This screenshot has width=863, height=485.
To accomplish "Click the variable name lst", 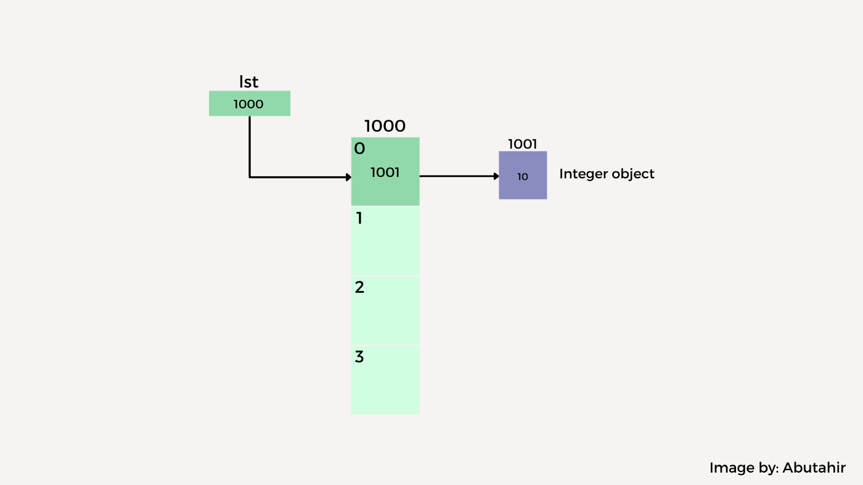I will tap(248, 82).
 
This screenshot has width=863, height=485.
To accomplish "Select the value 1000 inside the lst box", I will tap(248, 104).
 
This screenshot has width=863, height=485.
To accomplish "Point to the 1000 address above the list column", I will tap(385, 126).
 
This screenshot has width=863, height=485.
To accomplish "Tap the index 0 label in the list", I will tap(359, 149).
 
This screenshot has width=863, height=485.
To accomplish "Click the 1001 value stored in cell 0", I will tap(385, 173).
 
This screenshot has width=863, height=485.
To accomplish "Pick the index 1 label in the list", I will tap(359, 218).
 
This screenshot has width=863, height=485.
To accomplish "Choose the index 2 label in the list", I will tap(359, 287).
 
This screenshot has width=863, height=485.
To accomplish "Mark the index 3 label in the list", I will tap(359, 357).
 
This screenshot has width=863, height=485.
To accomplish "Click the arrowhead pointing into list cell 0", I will tap(348, 177).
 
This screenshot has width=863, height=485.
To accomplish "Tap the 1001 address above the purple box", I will tap(522, 144).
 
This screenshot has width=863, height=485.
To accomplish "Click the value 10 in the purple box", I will tap(522, 177).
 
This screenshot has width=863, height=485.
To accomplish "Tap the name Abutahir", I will tap(814, 468).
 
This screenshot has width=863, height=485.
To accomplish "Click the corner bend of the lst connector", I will tap(250, 177).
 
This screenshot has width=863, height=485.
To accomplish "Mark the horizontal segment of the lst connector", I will tap(299, 177).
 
